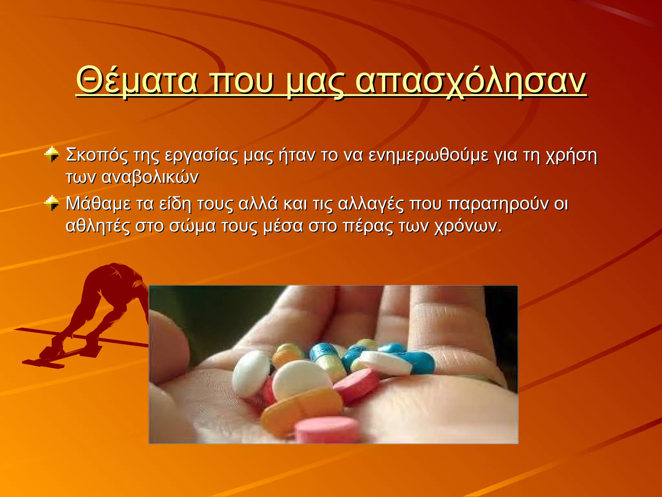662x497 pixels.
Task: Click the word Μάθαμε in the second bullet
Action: pyautogui.click(x=98, y=204)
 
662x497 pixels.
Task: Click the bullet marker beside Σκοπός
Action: pyautogui.click(x=52, y=154)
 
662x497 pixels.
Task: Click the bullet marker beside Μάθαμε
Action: pyautogui.click(x=52, y=203)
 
